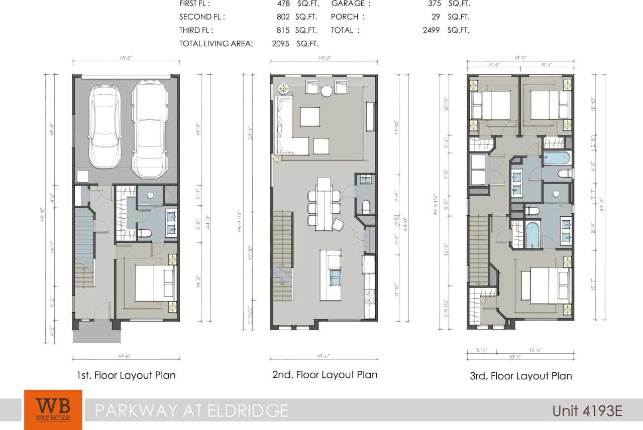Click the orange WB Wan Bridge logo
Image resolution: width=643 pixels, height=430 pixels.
(x=53, y=409)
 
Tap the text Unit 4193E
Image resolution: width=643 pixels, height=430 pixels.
(x=587, y=411)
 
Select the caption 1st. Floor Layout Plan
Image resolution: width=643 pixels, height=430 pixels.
(x=126, y=375)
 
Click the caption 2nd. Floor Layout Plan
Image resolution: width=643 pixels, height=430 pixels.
(x=324, y=375)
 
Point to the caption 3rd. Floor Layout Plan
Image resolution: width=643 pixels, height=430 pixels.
(x=520, y=376)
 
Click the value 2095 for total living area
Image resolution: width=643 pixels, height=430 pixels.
(x=280, y=44)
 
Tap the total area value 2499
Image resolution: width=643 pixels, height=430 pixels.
(x=431, y=30)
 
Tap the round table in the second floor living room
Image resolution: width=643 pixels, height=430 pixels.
(x=327, y=91)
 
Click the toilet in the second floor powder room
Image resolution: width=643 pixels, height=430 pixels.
(x=366, y=206)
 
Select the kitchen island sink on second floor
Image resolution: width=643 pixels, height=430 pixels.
(x=335, y=276)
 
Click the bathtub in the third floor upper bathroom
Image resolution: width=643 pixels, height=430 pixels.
(x=557, y=158)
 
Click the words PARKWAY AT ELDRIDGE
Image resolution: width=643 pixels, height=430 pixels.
(x=192, y=411)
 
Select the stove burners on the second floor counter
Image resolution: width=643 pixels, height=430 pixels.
(x=369, y=296)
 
